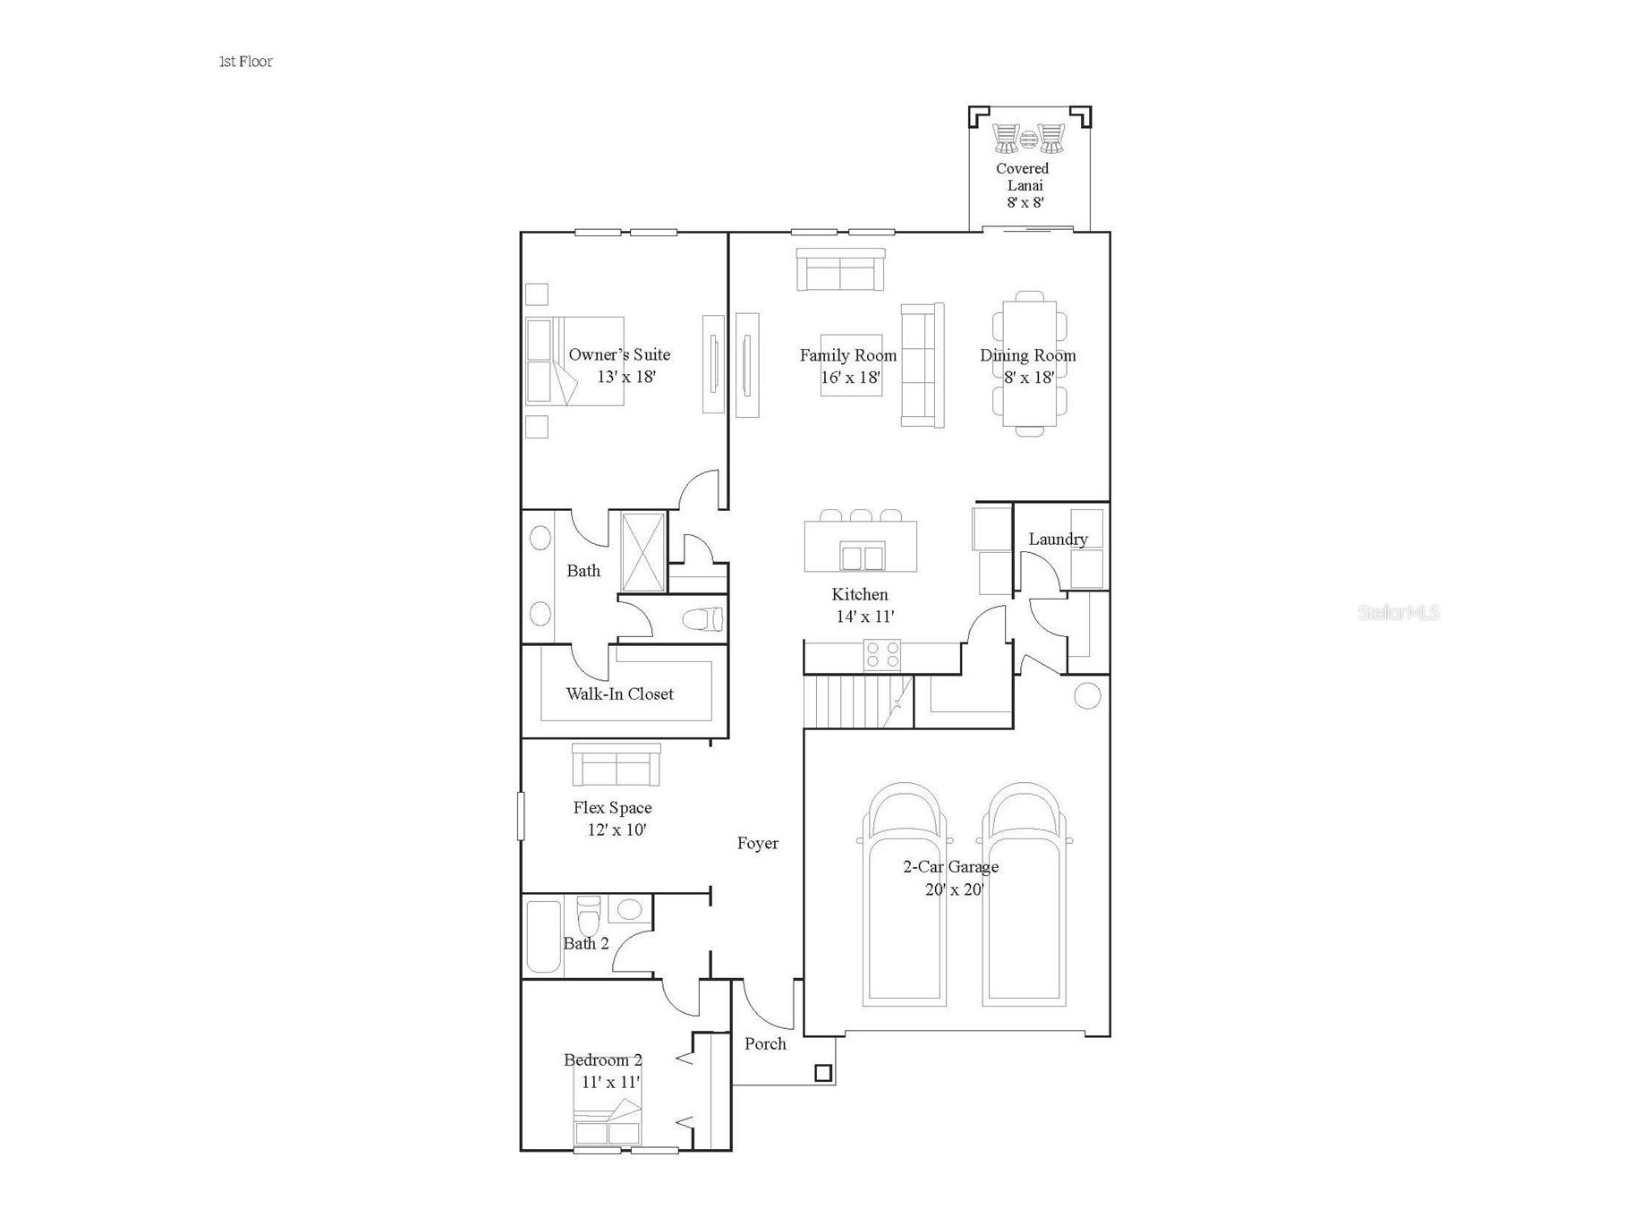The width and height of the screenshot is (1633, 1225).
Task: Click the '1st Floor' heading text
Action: (246, 62)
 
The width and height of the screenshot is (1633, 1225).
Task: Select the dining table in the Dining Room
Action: (1029, 363)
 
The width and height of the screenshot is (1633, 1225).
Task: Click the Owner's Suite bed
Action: (574, 362)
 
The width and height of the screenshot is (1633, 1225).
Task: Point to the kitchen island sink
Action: (863, 557)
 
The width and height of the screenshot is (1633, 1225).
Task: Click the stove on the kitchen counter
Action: (882, 654)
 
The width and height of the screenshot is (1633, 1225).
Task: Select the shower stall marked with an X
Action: (643, 551)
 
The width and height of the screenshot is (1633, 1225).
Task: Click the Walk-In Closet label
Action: (619, 693)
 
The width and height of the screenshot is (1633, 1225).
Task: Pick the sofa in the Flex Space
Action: (616, 765)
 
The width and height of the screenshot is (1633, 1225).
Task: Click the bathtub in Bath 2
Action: (542, 937)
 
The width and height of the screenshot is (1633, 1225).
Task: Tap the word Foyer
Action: (757, 843)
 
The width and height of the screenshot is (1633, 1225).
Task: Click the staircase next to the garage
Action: (856, 702)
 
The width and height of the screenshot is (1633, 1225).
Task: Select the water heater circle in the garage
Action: (1086, 695)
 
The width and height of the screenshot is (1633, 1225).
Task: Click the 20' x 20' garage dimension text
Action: (954, 889)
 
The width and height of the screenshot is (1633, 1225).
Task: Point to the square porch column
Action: (823, 1073)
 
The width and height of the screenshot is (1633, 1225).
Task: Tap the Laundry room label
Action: (1058, 539)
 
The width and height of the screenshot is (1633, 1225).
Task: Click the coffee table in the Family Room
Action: (851, 366)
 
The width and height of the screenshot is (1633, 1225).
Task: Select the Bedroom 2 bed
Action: (607, 1124)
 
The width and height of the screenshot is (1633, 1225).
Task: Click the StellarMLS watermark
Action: (1398, 613)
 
